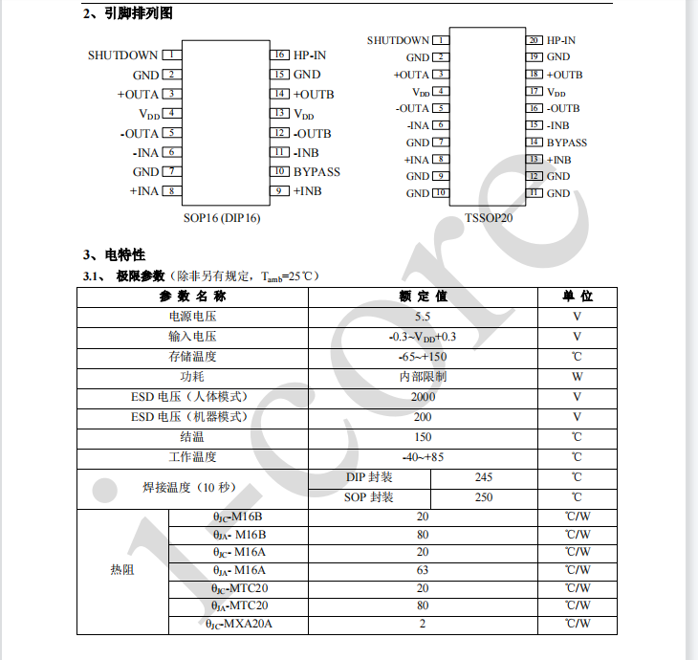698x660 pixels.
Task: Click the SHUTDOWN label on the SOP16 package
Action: click(x=122, y=55)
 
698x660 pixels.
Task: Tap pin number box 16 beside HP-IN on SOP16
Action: click(x=280, y=55)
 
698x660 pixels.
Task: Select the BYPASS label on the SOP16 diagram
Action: click(x=316, y=172)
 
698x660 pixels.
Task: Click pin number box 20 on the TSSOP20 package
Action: click(x=534, y=40)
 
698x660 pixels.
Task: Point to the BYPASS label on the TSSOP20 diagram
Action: click(x=567, y=143)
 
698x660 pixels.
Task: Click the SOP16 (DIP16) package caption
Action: click(x=222, y=217)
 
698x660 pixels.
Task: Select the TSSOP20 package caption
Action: click(x=489, y=217)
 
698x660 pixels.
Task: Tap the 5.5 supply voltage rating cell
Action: click(x=423, y=317)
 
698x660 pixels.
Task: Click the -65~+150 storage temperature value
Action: click(x=423, y=357)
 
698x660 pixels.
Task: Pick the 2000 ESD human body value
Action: click(x=423, y=397)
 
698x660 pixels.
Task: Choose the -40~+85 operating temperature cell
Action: click(x=423, y=457)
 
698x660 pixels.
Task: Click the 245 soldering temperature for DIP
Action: click(x=484, y=477)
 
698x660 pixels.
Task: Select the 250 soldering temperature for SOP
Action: click(x=484, y=497)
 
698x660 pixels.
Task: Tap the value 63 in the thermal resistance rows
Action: click(x=423, y=570)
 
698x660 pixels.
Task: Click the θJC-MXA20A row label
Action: click(x=239, y=625)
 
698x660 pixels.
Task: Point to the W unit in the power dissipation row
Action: click(x=577, y=377)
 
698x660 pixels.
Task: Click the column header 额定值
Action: click(x=423, y=297)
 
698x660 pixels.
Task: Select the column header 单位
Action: click(x=577, y=297)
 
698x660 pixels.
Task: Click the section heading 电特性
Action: click(x=124, y=254)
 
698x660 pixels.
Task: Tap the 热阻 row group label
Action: click(x=122, y=570)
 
